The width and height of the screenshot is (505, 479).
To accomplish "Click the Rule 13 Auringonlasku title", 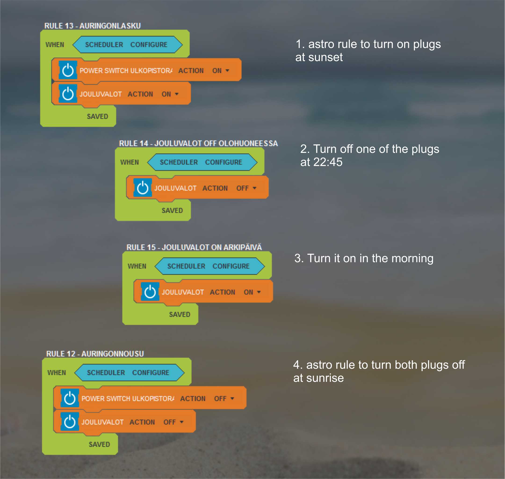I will click(92, 26).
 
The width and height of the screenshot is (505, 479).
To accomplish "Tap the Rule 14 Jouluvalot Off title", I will click(198, 144).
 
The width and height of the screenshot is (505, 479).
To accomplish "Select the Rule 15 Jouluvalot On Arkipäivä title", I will click(194, 247).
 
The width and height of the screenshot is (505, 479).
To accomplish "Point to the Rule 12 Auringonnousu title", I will click(95, 354).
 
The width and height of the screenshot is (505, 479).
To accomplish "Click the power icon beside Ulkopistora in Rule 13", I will click(68, 70).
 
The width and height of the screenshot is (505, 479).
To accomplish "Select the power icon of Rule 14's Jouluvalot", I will click(143, 188).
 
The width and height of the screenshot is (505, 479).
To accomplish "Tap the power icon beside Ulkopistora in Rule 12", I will click(70, 398).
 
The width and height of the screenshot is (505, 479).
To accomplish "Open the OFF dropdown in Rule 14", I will click(246, 188).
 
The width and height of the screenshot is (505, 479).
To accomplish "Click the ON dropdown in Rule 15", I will click(252, 292).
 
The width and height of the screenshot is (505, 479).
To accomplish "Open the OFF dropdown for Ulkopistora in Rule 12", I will click(224, 398).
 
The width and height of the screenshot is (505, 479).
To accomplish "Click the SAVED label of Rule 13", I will click(97, 116).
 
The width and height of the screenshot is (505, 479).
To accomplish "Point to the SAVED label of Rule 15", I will click(180, 315).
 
